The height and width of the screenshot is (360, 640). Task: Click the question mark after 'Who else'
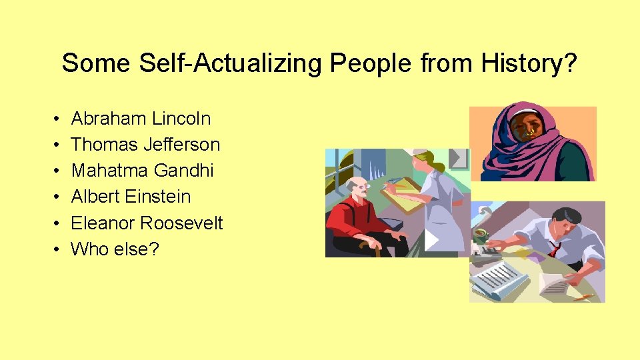point(154,249)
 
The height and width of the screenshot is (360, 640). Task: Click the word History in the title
point(521,63)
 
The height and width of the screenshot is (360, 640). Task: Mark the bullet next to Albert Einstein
point(53,197)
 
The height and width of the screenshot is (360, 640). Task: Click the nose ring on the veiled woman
point(529,133)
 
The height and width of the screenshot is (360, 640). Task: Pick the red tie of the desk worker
point(553,249)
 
